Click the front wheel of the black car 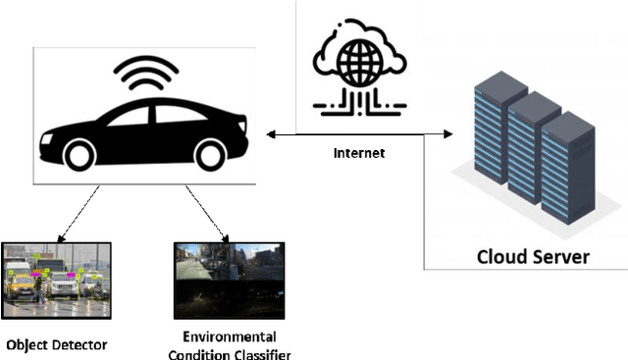(x=79, y=153)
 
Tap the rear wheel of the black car (x=209, y=153)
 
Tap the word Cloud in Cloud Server (x=501, y=257)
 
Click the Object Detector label (x=56, y=344)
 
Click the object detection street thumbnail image (x=56, y=280)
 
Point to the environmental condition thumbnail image (x=229, y=280)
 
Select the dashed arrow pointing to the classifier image (x=207, y=210)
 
